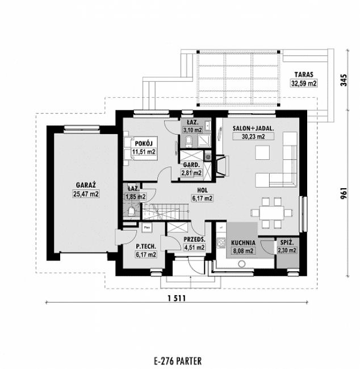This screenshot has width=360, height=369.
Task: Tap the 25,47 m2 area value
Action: (86, 194)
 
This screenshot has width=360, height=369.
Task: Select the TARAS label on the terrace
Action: (304, 74)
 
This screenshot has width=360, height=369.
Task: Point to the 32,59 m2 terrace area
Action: (304, 84)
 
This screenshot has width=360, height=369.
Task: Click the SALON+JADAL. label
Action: (253, 128)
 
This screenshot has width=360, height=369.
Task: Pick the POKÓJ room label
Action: (144, 143)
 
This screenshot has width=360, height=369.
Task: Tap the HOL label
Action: (202, 190)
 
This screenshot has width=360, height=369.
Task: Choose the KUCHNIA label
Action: (243, 243)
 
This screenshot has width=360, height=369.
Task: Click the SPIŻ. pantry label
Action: (287, 242)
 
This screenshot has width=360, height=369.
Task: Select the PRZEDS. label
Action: (194, 239)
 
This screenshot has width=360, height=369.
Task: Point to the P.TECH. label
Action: (146, 246)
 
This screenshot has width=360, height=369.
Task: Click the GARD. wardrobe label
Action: (191, 165)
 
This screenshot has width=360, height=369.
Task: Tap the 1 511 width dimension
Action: (177, 298)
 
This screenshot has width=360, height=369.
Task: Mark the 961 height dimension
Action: (344, 193)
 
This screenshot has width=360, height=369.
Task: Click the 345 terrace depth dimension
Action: (344, 80)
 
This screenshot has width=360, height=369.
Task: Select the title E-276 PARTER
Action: (178, 361)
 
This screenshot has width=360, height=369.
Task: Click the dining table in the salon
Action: (271, 213)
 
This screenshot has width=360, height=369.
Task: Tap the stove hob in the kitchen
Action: (221, 243)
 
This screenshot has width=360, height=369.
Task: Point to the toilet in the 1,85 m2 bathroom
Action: (131, 212)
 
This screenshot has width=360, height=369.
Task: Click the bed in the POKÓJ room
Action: (141, 148)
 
